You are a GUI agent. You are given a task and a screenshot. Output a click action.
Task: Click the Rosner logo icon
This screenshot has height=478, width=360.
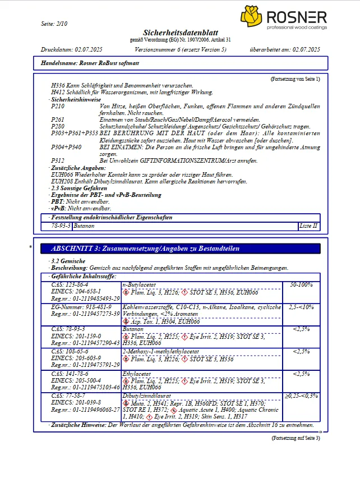[251, 17]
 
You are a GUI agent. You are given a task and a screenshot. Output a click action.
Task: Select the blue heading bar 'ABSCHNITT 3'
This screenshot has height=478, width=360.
[176, 248]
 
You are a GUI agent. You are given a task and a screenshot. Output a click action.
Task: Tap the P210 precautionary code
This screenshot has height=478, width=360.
[58, 106]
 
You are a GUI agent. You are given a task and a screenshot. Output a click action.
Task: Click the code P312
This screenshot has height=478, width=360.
[58, 161]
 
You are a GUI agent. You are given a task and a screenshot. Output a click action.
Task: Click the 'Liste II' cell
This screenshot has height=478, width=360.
[308, 226]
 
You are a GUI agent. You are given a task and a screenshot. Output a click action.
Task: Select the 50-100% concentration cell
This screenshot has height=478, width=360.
[301, 286]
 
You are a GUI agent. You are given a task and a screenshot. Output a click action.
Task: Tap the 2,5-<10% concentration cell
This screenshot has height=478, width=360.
[301, 307]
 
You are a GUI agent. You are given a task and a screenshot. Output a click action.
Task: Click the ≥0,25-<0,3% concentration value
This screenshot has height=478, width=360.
[301, 396]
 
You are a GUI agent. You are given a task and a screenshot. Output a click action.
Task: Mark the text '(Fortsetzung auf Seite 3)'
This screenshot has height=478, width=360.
[296, 438]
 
